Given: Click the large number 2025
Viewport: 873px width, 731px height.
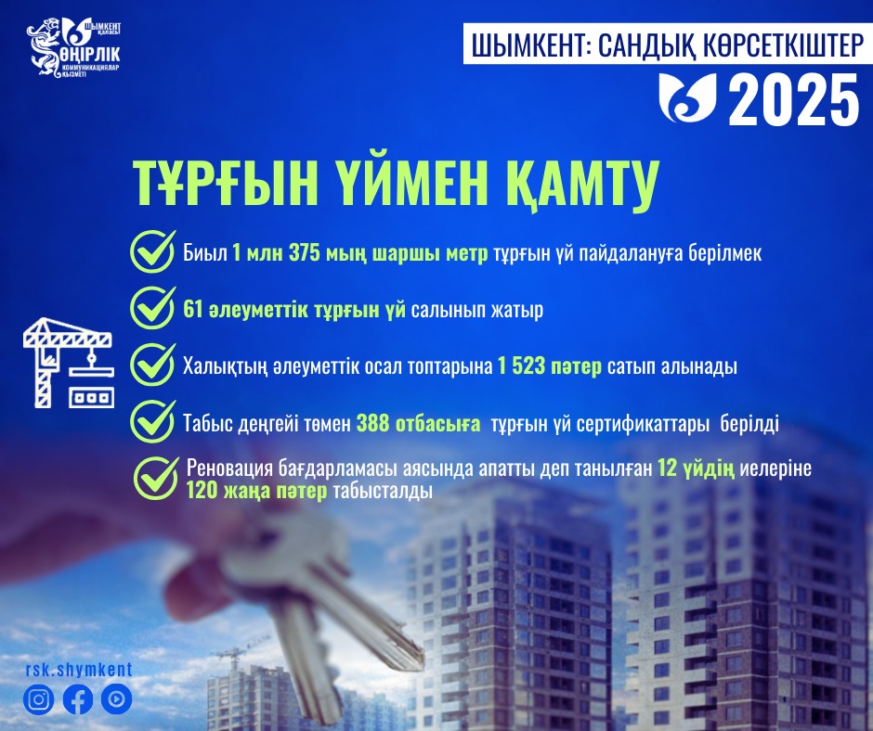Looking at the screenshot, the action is coord(794,101).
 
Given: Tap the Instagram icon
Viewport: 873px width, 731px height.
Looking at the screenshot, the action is coord(38,699).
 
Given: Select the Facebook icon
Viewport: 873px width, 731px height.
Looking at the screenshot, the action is coord(77,699).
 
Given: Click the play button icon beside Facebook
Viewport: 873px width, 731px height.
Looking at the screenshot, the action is coord(116,699).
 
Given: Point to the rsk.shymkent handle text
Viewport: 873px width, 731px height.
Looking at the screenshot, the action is coord(79,669).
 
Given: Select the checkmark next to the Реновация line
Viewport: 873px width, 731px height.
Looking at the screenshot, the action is coord(156,478).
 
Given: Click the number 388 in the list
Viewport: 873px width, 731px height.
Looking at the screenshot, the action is coord(371,424).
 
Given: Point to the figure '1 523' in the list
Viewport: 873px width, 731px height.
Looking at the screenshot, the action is coord(521,366).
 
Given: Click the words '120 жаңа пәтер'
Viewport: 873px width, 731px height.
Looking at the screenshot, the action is coord(256,492).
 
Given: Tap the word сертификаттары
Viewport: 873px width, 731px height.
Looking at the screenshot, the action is coord(643,425).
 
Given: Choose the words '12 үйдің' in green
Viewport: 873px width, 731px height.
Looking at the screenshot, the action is coord(696,468).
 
